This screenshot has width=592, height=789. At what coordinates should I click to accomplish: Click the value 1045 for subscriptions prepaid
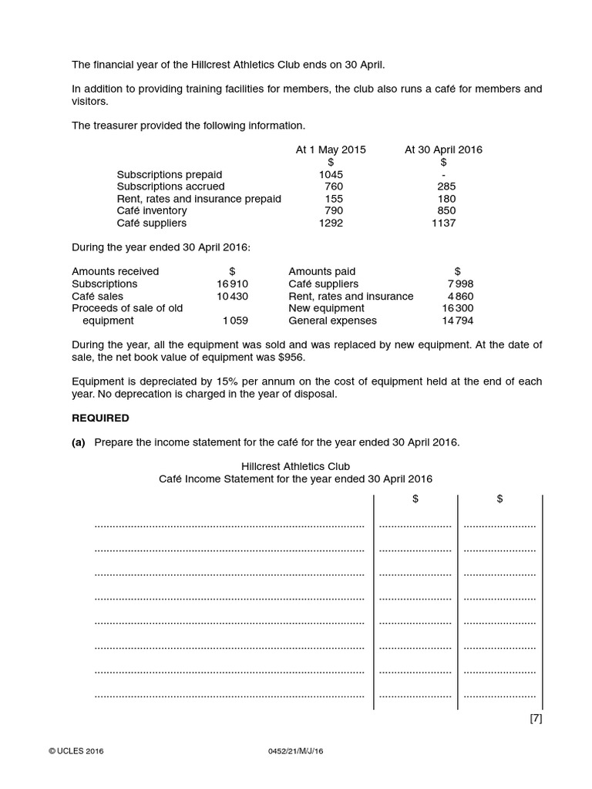click(331, 174)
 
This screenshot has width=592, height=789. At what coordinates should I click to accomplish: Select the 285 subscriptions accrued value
click(446, 186)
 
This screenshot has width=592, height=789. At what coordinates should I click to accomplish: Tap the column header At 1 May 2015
click(331, 149)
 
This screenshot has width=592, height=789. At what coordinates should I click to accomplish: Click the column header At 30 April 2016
click(443, 149)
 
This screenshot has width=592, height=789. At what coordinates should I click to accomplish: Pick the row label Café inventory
click(152, 211)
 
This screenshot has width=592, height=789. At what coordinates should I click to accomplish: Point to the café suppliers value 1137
click(443, 223)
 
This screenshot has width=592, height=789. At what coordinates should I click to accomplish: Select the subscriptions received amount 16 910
click(232, 284)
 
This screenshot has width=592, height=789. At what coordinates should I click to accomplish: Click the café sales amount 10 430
click(232, 296)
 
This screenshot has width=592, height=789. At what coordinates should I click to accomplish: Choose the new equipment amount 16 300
click(458, 308)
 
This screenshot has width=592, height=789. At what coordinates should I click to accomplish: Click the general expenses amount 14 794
click(458, 321)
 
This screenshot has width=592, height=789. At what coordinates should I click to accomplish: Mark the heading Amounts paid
click(322, 271)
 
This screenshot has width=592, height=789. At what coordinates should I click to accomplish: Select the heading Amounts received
click(116, 271)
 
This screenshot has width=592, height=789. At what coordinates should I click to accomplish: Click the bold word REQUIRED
click(101, 418)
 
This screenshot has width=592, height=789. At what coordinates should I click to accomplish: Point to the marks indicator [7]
click(536, 719)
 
